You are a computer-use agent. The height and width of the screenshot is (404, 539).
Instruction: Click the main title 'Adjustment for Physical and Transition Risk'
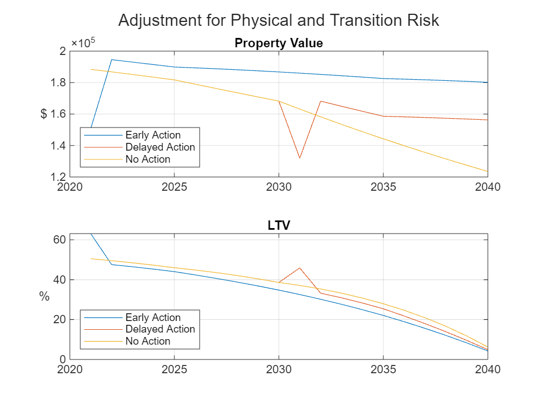pyautogui.click(x=278, y=20)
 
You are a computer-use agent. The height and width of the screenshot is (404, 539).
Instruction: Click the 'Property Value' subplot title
pyautogui.click(x=278, y=43)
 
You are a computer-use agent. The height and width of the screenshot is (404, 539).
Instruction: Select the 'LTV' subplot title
pyautogui.click(x=278, y=226)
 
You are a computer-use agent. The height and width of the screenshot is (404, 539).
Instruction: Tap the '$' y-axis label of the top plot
pyautogui.click(x=44, y=114)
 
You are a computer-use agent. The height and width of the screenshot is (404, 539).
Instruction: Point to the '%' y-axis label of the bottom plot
pyautogui.click(x=44, y=297)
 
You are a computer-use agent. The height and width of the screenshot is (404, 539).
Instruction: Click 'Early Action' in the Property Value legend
pyautogui.click(x=152, y=135)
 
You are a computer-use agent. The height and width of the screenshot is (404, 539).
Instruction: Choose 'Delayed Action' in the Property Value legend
pyautogui.click(x=159, y=147)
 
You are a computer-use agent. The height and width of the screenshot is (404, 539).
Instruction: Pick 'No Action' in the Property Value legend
pyautogui.click(x=147, y=159)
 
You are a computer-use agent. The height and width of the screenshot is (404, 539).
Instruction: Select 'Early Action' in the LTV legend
pyautogui.click(x=152, y=318)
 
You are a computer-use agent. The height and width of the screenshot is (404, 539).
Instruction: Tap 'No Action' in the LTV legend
pyautogui.click(x=147, y=341)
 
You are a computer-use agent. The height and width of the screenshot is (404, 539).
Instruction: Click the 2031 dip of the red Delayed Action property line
pyautogui.click(x=300, y=158)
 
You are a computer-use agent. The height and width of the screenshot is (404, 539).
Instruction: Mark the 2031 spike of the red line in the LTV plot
pyautogui.click(x=300, y=268)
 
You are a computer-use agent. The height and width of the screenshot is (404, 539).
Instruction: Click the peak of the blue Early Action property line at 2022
pyautogui.click(x=112, y=59)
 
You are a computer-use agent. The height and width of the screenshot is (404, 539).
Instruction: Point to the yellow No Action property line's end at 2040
pyautogui.click(x=487, y=171)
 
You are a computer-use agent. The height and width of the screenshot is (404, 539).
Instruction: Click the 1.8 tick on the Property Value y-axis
pyautogui.click(x=59, y=82)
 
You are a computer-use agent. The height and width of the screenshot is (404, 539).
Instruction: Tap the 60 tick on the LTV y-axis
pyautogui.click(x=60, y=240)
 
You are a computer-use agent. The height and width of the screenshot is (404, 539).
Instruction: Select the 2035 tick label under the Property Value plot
pyautogui.click(x=383, y=187)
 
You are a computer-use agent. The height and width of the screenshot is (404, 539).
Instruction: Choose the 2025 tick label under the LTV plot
pyautogui.click(x=174, y=369)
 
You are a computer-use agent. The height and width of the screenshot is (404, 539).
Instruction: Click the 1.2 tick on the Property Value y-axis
pyautogui.click(x=59, y=177)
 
